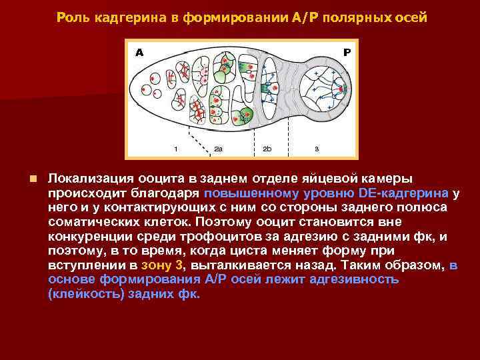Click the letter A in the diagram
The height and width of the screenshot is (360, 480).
(139, 52)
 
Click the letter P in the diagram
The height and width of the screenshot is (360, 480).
(347, 52)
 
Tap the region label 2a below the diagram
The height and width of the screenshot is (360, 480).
(219, 149)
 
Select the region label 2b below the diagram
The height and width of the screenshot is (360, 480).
(267, 149)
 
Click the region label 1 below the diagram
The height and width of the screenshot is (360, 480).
(175, 149)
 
